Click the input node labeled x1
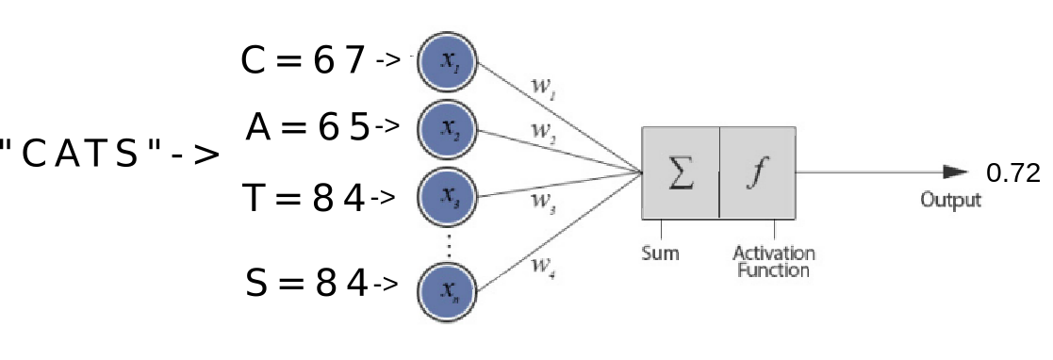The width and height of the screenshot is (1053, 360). point(448,61)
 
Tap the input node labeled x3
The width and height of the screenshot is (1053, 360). point(448,197)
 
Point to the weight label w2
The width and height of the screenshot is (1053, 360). point(542,133)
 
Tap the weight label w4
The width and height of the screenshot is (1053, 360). point(542,265)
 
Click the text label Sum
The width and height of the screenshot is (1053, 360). point(660,254)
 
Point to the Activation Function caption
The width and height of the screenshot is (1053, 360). point(774,262)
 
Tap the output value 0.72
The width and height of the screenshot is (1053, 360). point(1012,173)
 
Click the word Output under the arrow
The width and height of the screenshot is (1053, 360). point(952,201)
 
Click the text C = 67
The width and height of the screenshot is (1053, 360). point(303,61)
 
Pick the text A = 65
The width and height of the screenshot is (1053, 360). point(306,126)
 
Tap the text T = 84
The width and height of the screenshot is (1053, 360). point(303,198)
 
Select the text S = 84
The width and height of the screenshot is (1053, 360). point(306,283)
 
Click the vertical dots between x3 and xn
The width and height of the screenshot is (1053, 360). point(449,243)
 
